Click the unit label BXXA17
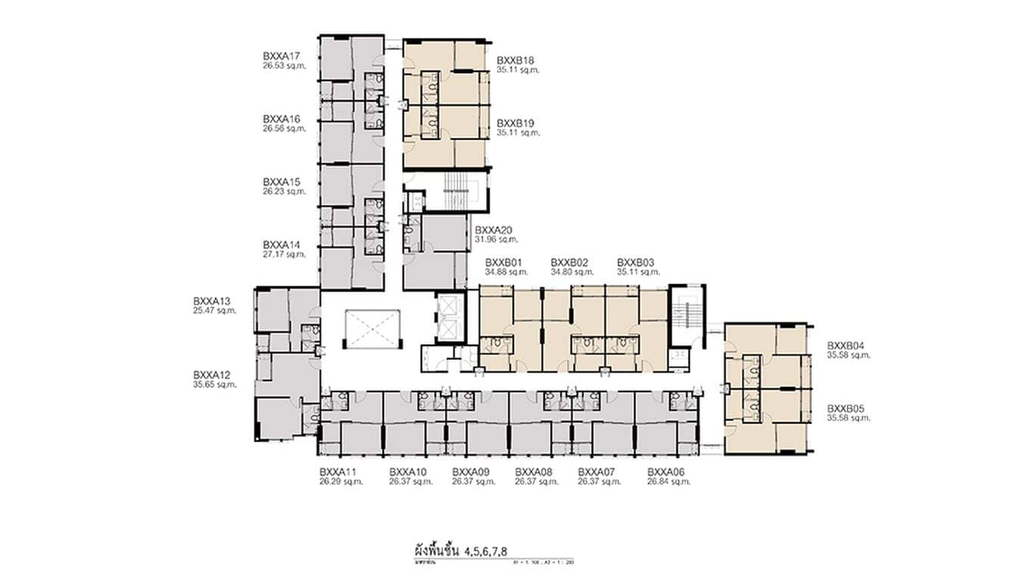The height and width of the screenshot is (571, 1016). click(x=282, y=56)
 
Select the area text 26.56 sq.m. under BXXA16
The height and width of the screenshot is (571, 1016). click(x=285, y=129)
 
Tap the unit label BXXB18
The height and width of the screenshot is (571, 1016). click(x=516, y=60)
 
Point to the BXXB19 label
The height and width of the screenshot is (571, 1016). click(x=516, y=123)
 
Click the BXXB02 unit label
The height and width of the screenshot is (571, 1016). click(x=570, y=262)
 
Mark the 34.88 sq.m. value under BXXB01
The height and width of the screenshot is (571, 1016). click(x=506, y=272)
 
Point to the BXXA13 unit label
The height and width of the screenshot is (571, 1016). click(x=212, y=301)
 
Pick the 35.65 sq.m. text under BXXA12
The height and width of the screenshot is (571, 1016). click(x=215, y=385)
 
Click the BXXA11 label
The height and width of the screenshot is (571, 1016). click(x=338, y=472)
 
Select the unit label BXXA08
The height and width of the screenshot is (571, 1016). click(x=534, y=472)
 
